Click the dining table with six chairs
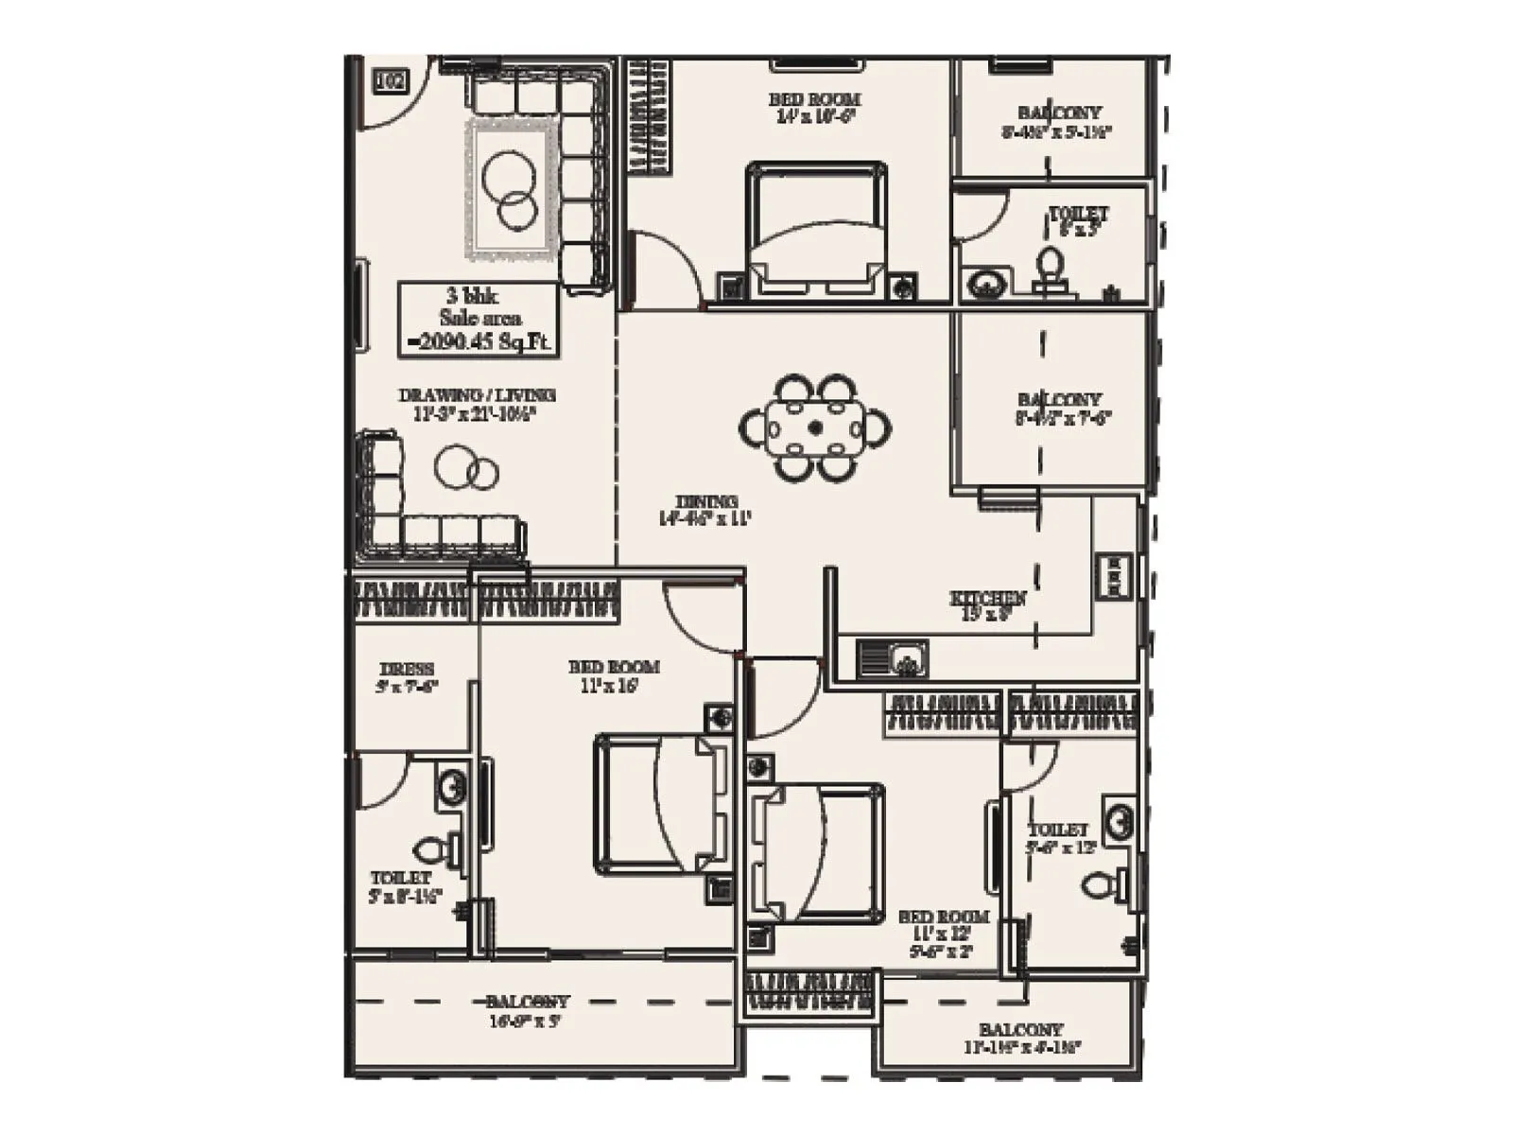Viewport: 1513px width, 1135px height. click(x=815, y=428)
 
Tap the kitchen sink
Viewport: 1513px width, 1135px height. click(x=893, y=658)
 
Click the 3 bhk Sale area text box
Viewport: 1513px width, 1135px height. click(x=478, y=320)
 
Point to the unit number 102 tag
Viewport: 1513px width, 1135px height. click(x=391, y=81)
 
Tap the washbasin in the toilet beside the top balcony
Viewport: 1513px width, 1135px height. click(x=986, y=283)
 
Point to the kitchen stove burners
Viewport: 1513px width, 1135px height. click(x=1114, y=576)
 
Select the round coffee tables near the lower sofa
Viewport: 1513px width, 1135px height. click(x=467, y=468)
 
